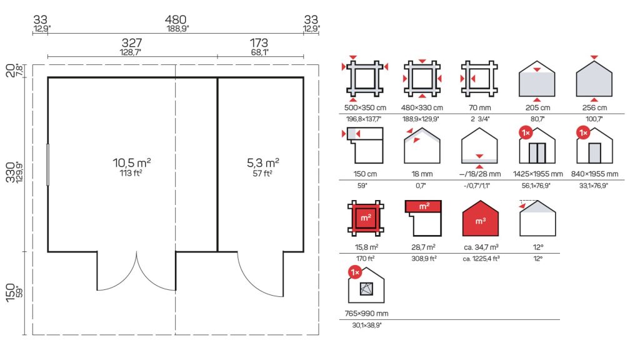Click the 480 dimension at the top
coord(176,19)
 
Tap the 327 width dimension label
coord(132,42)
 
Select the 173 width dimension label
coord(259,42)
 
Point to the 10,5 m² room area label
coord(132,163)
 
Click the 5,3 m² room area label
coord(263,163)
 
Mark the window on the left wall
coord(47,164)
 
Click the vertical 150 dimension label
coord(11,292)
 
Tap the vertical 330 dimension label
coord(11,172)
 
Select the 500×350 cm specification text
coord(365,107)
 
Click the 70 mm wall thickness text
coord(479,107)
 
